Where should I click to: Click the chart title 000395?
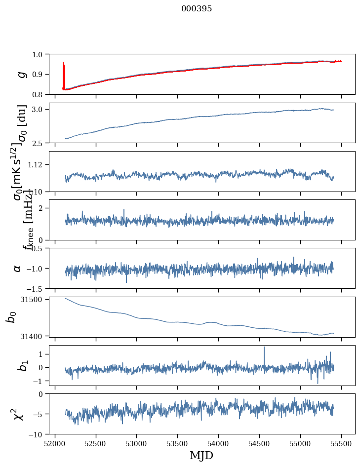point(197,8)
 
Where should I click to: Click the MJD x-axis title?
point(201,455)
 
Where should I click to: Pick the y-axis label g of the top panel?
point(21,74)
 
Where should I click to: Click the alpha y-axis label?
point(18,268)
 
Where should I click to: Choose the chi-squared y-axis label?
point(19,414)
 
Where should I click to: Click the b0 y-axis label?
point(11,317)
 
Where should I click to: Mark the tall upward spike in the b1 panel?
point(264,348)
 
